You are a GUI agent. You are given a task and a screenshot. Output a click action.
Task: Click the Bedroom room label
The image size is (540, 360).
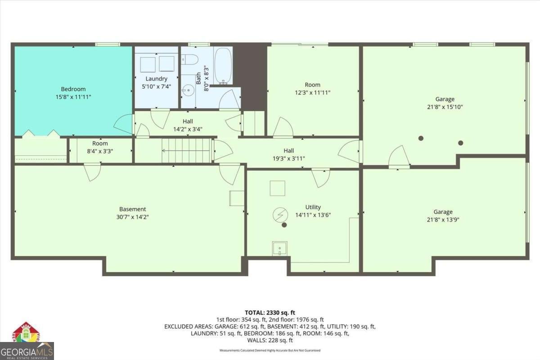point(73,93)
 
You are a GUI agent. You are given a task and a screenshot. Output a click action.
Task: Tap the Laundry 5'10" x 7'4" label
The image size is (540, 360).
point(156,82)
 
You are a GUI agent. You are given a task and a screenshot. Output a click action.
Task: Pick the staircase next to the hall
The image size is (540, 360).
point(186,150)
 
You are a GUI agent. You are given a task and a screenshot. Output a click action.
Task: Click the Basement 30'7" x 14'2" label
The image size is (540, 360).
point(132,213)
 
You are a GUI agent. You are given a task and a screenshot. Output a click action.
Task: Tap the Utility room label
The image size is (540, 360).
point(313,211)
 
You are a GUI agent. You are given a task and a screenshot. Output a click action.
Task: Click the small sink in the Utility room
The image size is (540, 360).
point(279,248)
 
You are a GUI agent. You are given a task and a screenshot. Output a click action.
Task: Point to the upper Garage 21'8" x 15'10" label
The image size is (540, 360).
point(445,103)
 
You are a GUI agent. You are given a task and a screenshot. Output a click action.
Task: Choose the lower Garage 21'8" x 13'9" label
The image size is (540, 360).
point(443,216)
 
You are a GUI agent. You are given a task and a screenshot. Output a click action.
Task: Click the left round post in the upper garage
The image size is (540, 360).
point(421,138)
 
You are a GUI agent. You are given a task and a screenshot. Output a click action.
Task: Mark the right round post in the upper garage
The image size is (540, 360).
point(460,143)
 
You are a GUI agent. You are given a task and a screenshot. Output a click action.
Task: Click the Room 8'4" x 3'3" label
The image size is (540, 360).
point(100,147)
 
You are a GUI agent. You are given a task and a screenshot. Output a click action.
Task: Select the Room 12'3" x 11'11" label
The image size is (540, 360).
point(312,88)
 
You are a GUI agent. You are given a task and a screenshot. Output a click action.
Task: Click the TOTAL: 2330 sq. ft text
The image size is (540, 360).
point(270,312)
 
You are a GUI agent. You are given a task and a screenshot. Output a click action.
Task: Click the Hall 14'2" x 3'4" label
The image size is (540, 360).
point(188,125)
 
